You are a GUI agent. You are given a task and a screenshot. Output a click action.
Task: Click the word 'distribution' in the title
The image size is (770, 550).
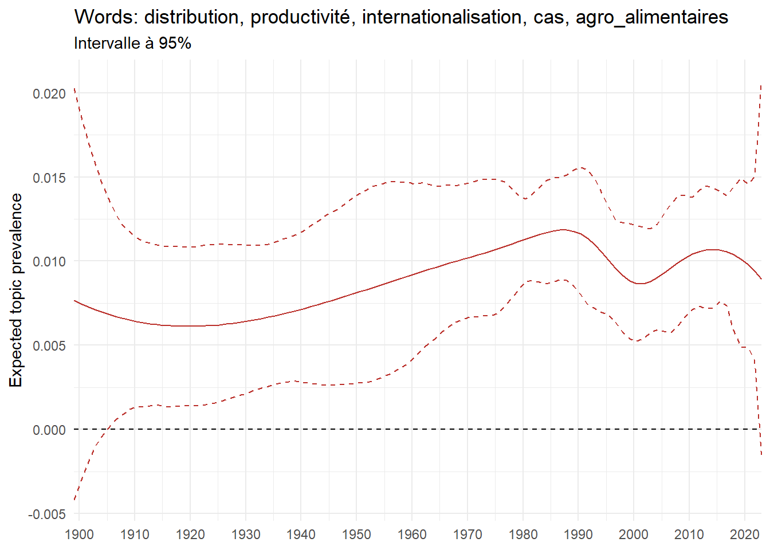pos(189,17)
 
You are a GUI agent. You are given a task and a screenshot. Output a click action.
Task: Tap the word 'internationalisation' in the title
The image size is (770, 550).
pos(442,17)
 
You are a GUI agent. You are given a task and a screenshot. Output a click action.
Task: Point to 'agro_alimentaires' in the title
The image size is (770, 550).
pos(651,18)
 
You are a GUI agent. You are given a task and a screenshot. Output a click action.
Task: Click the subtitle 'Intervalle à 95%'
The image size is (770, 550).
pos(132,43)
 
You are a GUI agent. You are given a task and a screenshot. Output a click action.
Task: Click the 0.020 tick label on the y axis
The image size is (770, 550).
pos(49,93)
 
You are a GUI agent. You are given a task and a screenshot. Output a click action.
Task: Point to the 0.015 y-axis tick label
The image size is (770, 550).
pos(49,178)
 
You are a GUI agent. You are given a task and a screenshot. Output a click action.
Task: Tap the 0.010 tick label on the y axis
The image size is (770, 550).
pos(49,261)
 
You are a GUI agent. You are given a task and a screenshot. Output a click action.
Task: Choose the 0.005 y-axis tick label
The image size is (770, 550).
pos(49,345)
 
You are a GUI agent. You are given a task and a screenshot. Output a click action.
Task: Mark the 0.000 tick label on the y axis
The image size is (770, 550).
pos(49,430)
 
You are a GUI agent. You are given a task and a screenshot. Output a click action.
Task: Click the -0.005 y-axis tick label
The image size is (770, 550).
pos(47,514)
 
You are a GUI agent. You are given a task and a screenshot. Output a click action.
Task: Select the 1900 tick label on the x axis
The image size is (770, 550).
pos(79,535)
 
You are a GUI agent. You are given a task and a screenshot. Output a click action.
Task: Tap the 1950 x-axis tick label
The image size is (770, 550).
pos(356,535)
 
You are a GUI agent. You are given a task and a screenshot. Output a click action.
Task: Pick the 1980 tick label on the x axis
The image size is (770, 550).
pos(522,535)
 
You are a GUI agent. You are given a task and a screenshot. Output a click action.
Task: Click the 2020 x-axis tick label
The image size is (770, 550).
pos(744,535)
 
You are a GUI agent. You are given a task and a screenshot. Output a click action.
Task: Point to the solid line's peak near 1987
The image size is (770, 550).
pos(564,229)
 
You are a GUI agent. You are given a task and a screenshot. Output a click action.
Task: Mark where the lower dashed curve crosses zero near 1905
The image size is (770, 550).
pos(108,429)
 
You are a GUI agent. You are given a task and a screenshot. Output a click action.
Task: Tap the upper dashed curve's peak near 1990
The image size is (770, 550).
pos(581,167)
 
